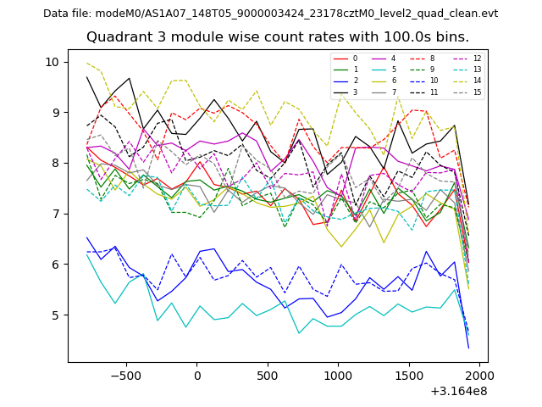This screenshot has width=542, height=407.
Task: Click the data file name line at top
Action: point(270,14)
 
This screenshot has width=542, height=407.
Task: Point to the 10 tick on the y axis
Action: point(53,62)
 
